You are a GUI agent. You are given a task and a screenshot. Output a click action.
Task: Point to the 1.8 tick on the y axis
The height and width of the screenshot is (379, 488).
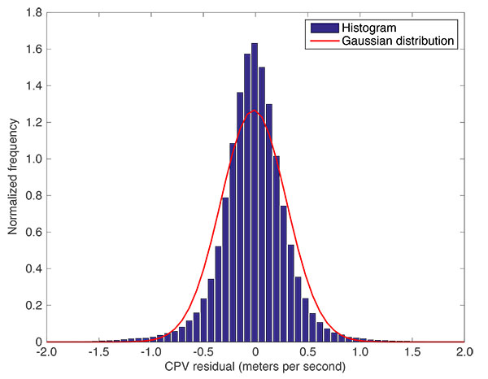(x=35, y=13)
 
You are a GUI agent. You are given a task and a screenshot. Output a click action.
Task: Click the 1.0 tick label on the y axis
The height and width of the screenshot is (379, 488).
(x=35, y=159)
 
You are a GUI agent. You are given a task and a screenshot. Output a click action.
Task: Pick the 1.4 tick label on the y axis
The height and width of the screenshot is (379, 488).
(x=35, y=86)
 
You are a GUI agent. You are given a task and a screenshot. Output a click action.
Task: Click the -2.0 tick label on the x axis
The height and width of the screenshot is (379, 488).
(x=46, y=353)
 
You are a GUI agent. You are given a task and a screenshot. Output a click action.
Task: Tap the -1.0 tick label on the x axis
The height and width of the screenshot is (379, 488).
(x=150, y=353)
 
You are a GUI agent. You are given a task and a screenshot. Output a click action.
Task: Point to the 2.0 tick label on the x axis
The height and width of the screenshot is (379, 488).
(x=464, y=353)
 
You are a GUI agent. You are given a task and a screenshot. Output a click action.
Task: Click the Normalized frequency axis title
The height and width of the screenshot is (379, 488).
(x=12, y=178)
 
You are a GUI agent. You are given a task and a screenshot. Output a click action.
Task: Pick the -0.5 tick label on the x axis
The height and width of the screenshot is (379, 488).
(x=203, y=353)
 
